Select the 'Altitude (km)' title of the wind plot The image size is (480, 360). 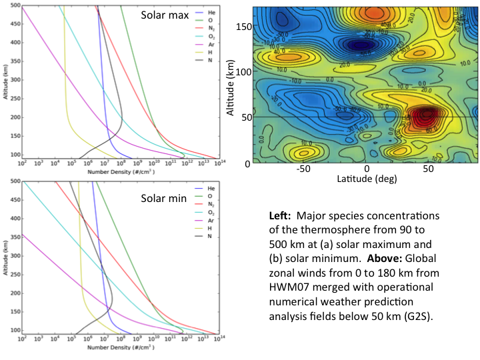coord(231,85)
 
